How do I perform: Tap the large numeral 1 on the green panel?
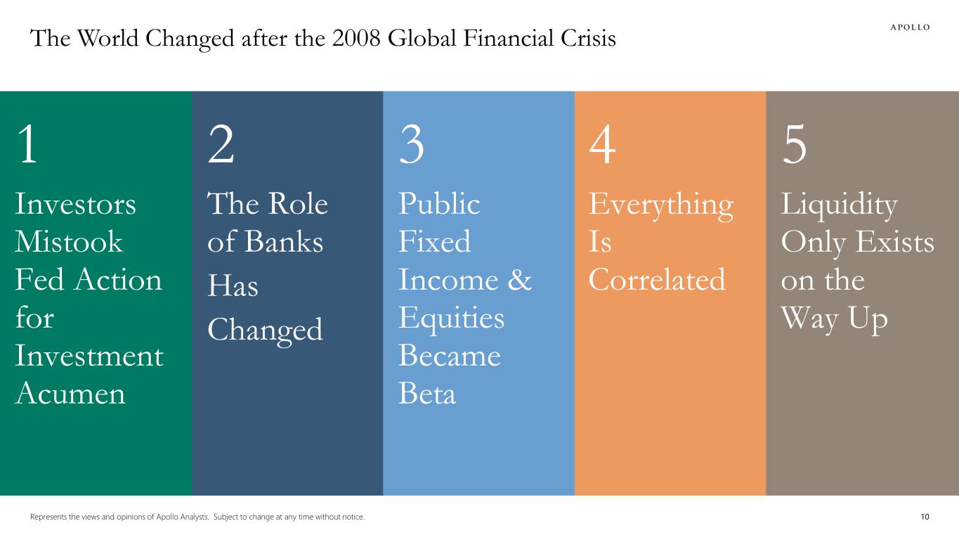pyautogui.click(x=27, y=146)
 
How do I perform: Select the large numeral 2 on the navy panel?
pyautogui.click(x=221, y=146)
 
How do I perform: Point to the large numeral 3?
pyautogui.click(x=412, y=146)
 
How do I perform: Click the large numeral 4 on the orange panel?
pyautogui.click(x=603, y=146)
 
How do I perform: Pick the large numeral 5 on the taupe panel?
pyautogui.click(x=795, y=146)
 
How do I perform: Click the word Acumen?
pyautogui.click(x=70, y=394)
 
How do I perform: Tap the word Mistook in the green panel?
pyautogui.click(x=68, y=243)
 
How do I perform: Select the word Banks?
pyautogui.click(x=284, y=243)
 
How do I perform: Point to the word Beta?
pyautogui.click(x=426, y=394)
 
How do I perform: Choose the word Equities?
pyautogui.click(x=451, y=319)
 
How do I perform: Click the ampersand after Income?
pyautogui.click(x=518, y=281)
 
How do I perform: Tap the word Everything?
pyautogui.click(x=660, y=205)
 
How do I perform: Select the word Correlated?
pyautogui.click(x=656, y=281)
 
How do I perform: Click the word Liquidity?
pyautogui.click(x=839, y=205)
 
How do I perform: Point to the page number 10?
pyautogui.click(x=925, y=517)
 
